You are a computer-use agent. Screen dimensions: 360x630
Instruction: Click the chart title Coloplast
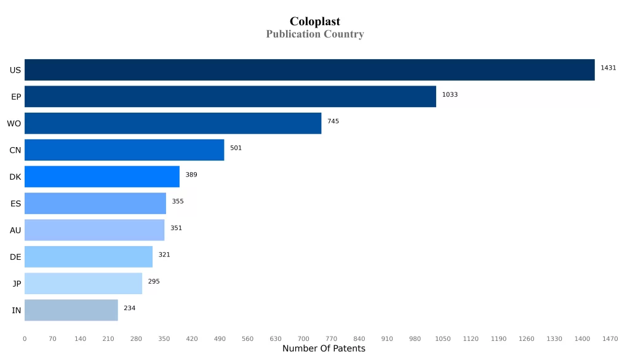click(x=314, y=22)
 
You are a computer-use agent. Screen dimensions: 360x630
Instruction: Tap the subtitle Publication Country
click(x=314, y=34)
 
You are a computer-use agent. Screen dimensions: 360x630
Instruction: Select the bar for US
click(x=309, y=70)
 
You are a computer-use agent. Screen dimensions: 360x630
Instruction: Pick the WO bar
click(x=173, y=123)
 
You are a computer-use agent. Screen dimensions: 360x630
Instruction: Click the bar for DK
click(x=102, y=177)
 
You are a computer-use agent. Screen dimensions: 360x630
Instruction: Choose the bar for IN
click(x=71, y=310)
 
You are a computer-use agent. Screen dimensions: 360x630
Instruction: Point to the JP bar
click(x=83, y=283)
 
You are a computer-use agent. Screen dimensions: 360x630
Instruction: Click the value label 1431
click(x=608, y=68)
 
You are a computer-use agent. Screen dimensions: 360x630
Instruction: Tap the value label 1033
click(x=450, y=95)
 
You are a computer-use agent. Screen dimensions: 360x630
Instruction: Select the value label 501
click(x=236, y=148)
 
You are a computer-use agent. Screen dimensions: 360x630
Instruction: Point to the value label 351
click(x=176, y=228)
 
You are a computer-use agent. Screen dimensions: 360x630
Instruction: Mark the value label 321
click(x=164, y=254)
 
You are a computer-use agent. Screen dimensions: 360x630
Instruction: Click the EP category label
click(x=16, y=97)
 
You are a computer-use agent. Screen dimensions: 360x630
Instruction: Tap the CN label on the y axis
click(x=15, y=150)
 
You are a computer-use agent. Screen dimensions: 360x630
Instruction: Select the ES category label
click(x=16, y=204)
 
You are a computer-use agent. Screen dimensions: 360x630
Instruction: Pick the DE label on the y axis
click(x=15, y=257)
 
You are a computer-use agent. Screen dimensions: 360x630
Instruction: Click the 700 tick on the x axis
click(x=303, y=338)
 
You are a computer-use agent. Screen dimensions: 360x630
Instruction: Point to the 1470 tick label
click(x=610, y=338)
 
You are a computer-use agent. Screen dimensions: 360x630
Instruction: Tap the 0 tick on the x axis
click(x=25, y=338)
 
